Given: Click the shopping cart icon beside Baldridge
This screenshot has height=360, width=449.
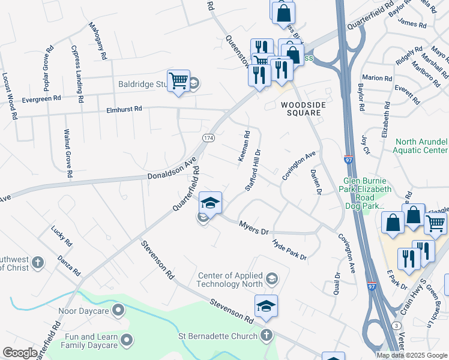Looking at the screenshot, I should (x=178, y=80).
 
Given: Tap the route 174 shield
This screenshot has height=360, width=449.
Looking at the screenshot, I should (x=208, y=138).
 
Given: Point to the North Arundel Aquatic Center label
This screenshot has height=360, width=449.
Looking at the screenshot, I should (x=421, y=146).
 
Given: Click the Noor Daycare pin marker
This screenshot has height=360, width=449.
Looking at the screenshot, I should (x=118, y=310).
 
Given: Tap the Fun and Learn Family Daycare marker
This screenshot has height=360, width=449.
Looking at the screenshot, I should (x=126, y=340).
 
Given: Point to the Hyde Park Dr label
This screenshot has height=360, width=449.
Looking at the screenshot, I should (x=289, y=249).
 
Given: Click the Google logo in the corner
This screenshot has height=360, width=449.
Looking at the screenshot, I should (x=20, y=352).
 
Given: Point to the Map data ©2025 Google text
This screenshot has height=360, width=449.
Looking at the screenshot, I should (x=412, y=355).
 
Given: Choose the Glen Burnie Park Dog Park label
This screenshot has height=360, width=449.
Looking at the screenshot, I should (x=367, y=193).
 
